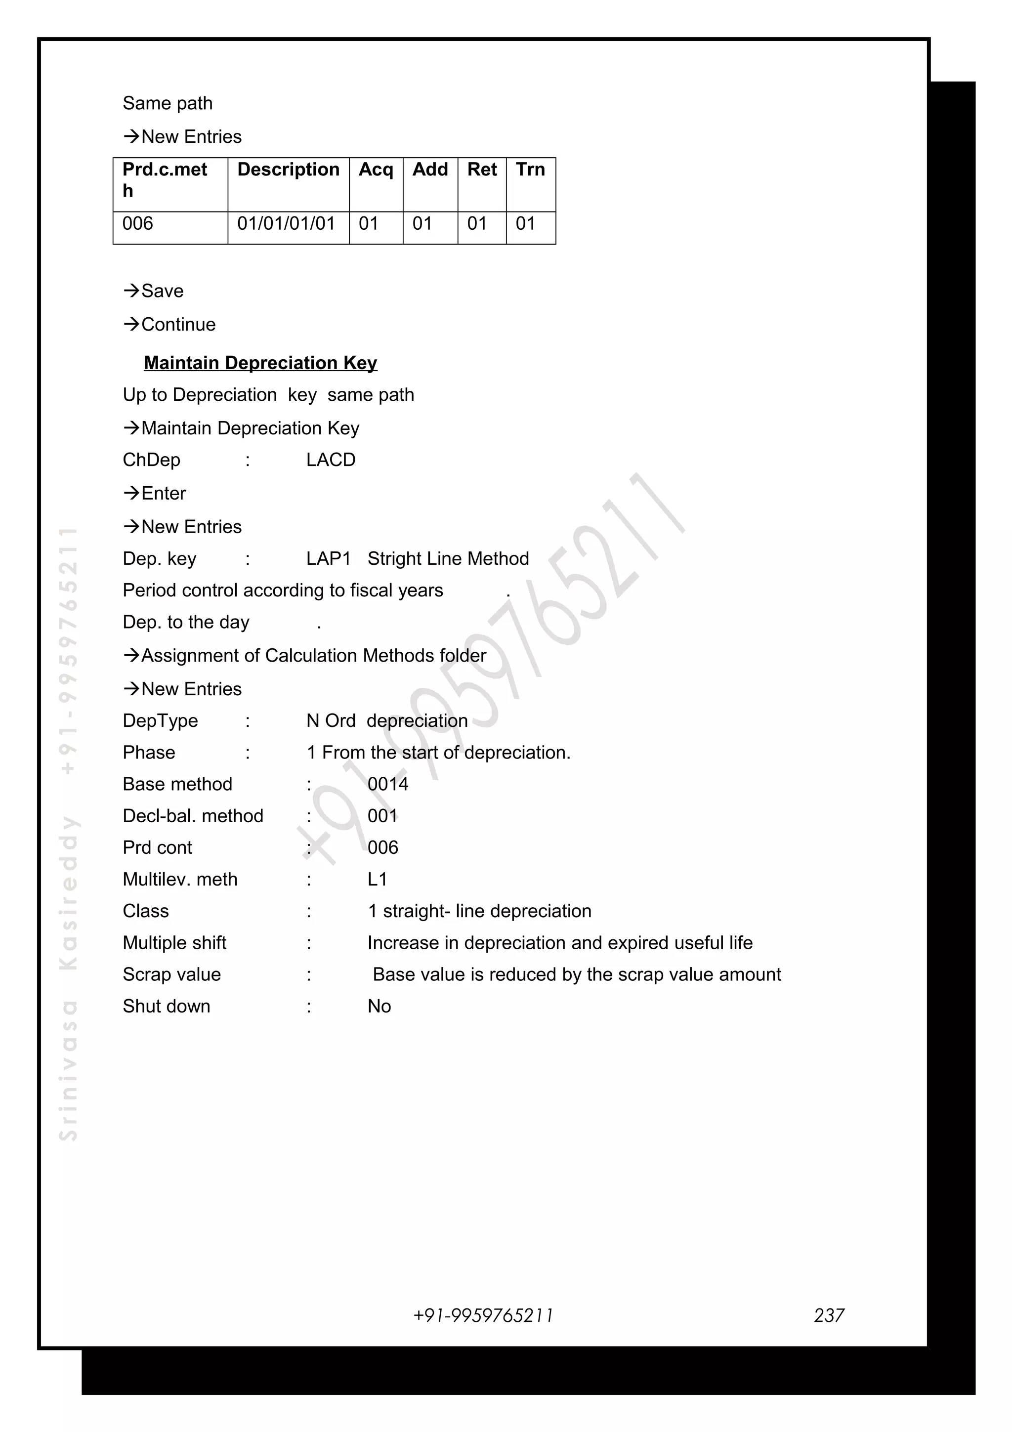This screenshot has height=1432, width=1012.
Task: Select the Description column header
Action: (288, 169)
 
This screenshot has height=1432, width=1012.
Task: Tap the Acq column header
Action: (376, 169)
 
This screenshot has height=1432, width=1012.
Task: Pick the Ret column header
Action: (481, 169)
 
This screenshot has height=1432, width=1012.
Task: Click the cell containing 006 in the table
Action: (138, 223)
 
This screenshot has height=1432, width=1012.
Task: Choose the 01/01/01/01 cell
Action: (286, 223)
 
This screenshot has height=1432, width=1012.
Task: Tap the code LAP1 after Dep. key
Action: (328, 558)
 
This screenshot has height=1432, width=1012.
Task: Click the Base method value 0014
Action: (387, 784)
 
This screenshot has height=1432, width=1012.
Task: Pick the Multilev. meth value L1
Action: (377, 880)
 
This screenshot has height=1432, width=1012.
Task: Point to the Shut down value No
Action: (379, 1006)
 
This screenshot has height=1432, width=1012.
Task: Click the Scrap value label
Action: (171, 974)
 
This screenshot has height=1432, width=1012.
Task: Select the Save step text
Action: (162, 291)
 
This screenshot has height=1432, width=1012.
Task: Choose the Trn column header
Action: (530, 169)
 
